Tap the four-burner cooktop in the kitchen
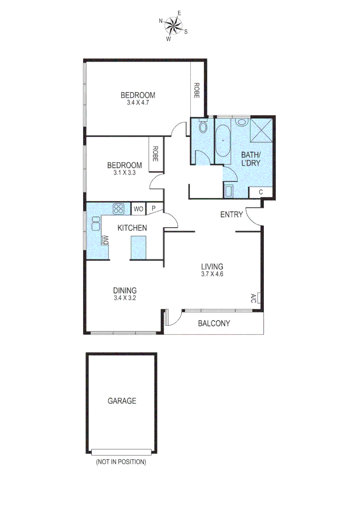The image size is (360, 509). [118, 208]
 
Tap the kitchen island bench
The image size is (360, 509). [139, 247]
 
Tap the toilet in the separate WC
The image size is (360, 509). [203, 127]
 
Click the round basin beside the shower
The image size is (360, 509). [241, 122]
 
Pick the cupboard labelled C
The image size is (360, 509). [262, 192]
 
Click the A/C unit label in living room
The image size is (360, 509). [254, 298]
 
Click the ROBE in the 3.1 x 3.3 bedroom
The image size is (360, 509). [155, 154]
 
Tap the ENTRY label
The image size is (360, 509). [232, 215]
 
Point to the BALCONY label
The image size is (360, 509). [214, 323]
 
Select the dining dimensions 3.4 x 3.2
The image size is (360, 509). [125, 298]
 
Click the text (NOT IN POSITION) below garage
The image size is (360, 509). [121, 462]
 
